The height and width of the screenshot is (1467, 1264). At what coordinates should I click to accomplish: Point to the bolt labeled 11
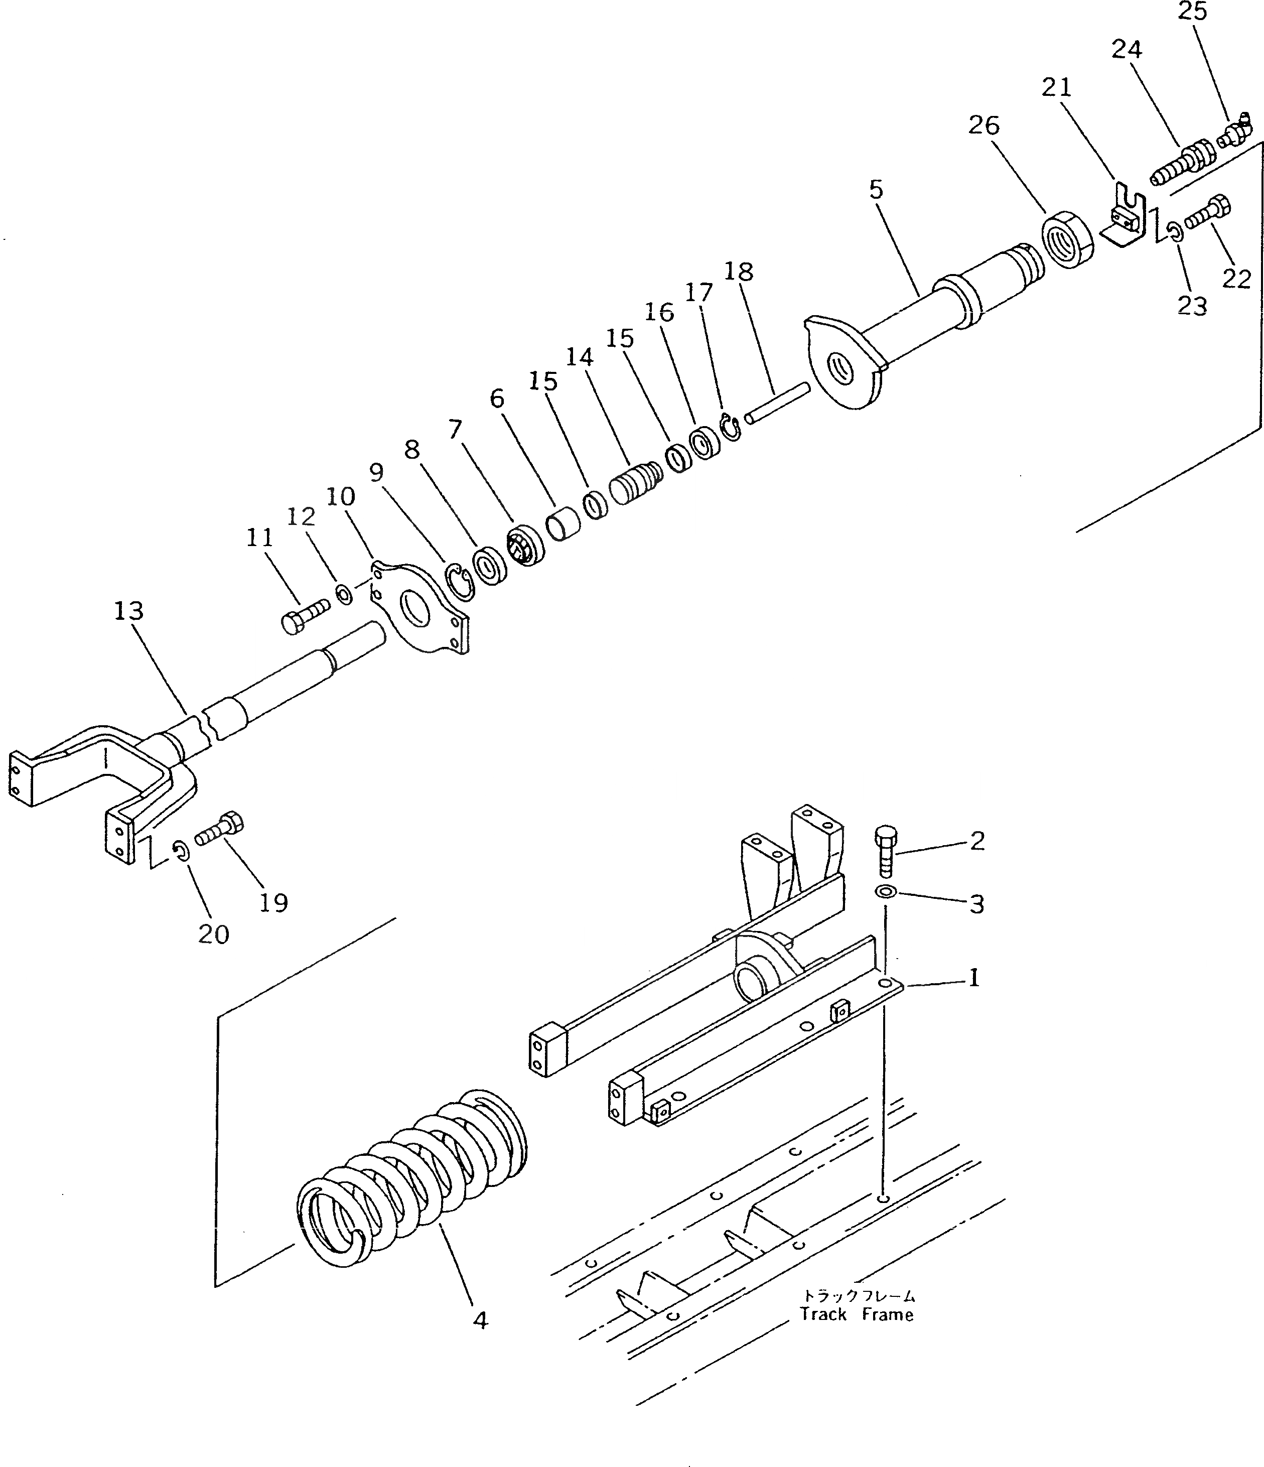tap(304, 615)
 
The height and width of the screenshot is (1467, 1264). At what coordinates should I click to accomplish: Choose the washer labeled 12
tap(344, 595)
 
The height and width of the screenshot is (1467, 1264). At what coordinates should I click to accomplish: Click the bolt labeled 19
tap(219, 830)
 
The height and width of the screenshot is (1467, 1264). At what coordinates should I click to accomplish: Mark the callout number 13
tap(129, 611)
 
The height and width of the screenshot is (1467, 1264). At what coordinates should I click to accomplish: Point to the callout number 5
tap(876, 190)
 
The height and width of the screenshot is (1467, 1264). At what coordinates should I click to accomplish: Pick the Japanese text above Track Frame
tap(858, 1296)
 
